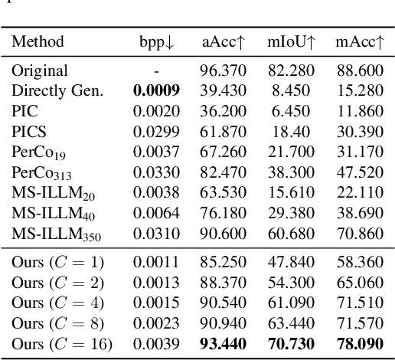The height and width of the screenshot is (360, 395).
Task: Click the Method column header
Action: pyautogui.click(x=38, y=41)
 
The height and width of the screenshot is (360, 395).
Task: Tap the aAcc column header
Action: pyautogui.click(x=224, y=41)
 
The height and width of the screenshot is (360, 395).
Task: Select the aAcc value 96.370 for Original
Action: pyautogui.click(x=224, y=70)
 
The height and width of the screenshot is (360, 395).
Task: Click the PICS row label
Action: pyautogui.click(x=27, y=129)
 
